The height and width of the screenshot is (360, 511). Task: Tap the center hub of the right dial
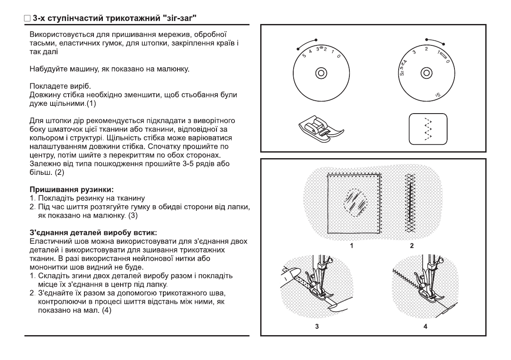[425, 72]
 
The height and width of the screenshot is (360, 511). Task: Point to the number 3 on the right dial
[414, 52]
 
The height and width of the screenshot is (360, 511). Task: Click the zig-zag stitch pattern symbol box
[427, 128]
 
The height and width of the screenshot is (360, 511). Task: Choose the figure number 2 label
[412, 246]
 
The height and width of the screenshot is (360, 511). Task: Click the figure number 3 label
[317, 327]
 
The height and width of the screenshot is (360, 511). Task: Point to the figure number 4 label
[425, 327]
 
